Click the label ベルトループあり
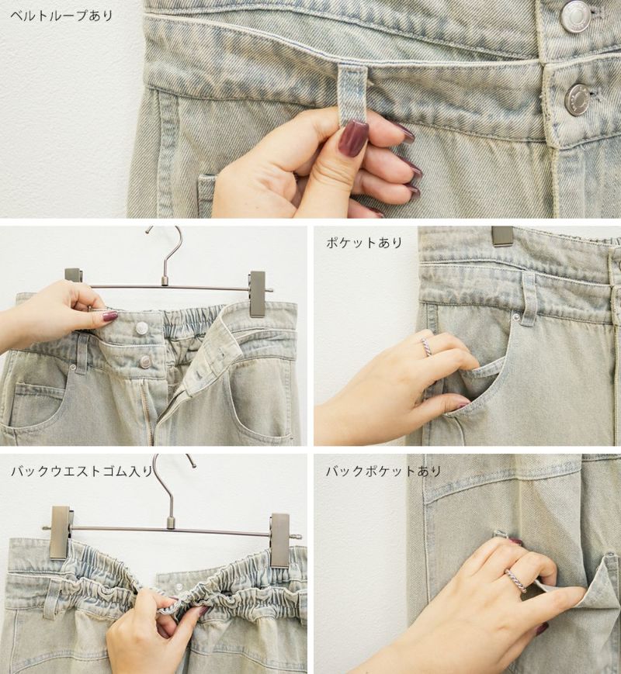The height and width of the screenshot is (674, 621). coord(61,16)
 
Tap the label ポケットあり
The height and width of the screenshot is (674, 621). coord(364,243)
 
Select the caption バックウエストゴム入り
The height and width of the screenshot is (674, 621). coord(82,472)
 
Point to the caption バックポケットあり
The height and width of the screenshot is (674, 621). coord(383,472)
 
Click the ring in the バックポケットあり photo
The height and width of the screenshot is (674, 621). coord(516,581)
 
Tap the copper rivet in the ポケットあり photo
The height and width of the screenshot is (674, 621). coord(516,318)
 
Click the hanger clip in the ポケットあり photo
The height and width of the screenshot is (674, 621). coord(502,236)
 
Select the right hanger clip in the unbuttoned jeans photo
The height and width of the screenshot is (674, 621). coord(258,294)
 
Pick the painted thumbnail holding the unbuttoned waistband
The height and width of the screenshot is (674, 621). coord(109,316)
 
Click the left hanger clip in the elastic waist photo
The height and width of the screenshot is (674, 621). coord(60,532)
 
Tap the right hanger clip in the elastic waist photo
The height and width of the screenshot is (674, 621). coord(280,541)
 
